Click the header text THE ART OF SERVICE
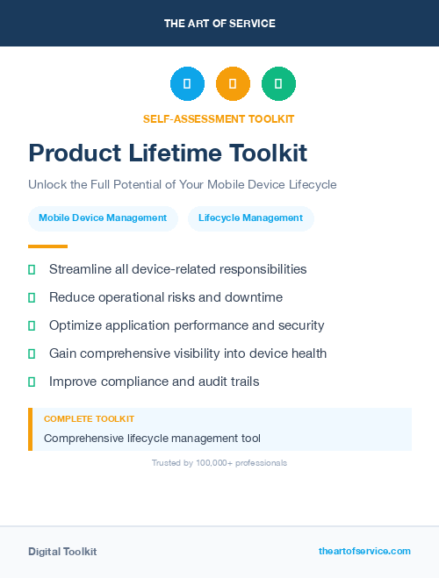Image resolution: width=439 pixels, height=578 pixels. [219, 24]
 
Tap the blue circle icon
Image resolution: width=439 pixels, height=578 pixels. [187, 84]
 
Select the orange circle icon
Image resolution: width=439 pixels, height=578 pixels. [233, 84]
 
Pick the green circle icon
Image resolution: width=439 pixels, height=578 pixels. [278, 84]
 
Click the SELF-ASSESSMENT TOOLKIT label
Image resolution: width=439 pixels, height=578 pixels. [219, 118]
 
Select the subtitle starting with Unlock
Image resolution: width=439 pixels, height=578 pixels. [183, 185]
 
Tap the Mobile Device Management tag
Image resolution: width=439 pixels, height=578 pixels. [103, 218]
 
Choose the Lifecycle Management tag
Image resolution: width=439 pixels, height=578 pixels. [251, 218]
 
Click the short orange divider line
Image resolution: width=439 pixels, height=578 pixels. [47, 246]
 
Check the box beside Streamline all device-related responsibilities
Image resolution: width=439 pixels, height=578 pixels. [32, 269]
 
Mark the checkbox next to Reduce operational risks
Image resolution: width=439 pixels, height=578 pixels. [32, 297]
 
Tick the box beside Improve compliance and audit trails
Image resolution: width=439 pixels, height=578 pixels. [32, 382]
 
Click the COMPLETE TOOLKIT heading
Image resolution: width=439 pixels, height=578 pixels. [89, 419]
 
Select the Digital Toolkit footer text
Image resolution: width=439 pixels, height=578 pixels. [62, 552]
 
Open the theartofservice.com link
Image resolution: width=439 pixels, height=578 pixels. [364, 551]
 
